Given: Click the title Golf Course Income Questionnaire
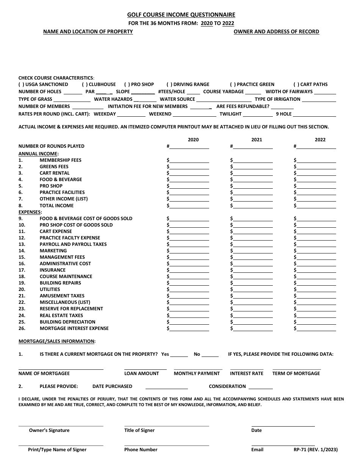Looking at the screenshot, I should pyautogui.click(x=181, y=15).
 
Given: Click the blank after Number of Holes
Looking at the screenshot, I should pyautogui.click(x=73, y=92).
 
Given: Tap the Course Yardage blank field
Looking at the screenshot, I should pyautogui.click(x=255, y=92).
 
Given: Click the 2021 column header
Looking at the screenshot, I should pyautogui.click(x=257, y=139).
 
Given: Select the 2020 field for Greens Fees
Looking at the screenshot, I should pyautogui.click(x=189, y=167).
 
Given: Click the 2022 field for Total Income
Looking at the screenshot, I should pyautogui.click(x=316, y=206).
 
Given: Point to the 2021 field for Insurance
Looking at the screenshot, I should pyautogui.click(x=253, y=270).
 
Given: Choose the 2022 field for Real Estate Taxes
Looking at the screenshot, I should pyautogui.click(x=316, y=316).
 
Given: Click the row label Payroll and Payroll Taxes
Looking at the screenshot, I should pyautogui.click(x=73, y=244).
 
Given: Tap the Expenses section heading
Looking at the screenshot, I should pyautogui.click(x=30, y=212).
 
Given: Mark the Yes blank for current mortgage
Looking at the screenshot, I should pyautogui.click(x=179, y=355).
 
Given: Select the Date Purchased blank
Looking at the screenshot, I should pyautogui.click(x=166, y=387).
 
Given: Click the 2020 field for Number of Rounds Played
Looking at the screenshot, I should pyautogui.click(x=189, y=147).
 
